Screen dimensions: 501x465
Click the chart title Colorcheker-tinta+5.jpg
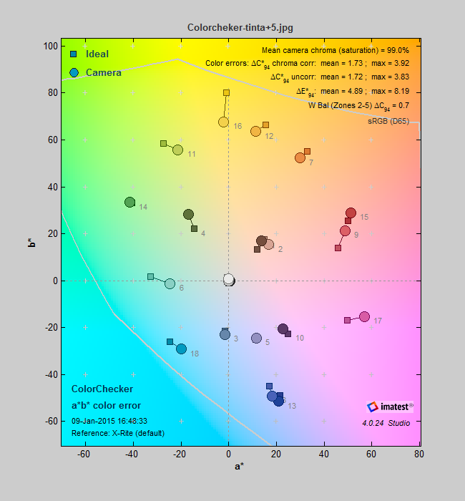click(240, 27)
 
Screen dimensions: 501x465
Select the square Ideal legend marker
click(74, 54)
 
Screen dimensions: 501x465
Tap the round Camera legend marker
click(74, 72)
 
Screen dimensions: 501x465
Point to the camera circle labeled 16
click(223, 122)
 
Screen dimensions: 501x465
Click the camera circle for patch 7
click(300, 157)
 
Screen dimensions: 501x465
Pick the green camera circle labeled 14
click(129, 203)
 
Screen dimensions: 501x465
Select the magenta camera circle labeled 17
click(364, 316)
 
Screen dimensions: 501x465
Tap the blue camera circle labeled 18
click(181, 349)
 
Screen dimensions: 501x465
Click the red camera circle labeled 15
click(351, 213)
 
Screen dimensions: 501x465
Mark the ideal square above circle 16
click(226, 92)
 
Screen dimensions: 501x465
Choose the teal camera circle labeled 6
click(170, 283)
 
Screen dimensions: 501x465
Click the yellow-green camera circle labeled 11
click(177, 150)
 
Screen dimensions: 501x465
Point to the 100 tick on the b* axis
click(49, 46)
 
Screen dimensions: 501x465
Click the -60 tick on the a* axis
click(85, 452)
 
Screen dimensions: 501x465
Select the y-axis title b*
click(29, 245)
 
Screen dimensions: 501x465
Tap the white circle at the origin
click(228, 279)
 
